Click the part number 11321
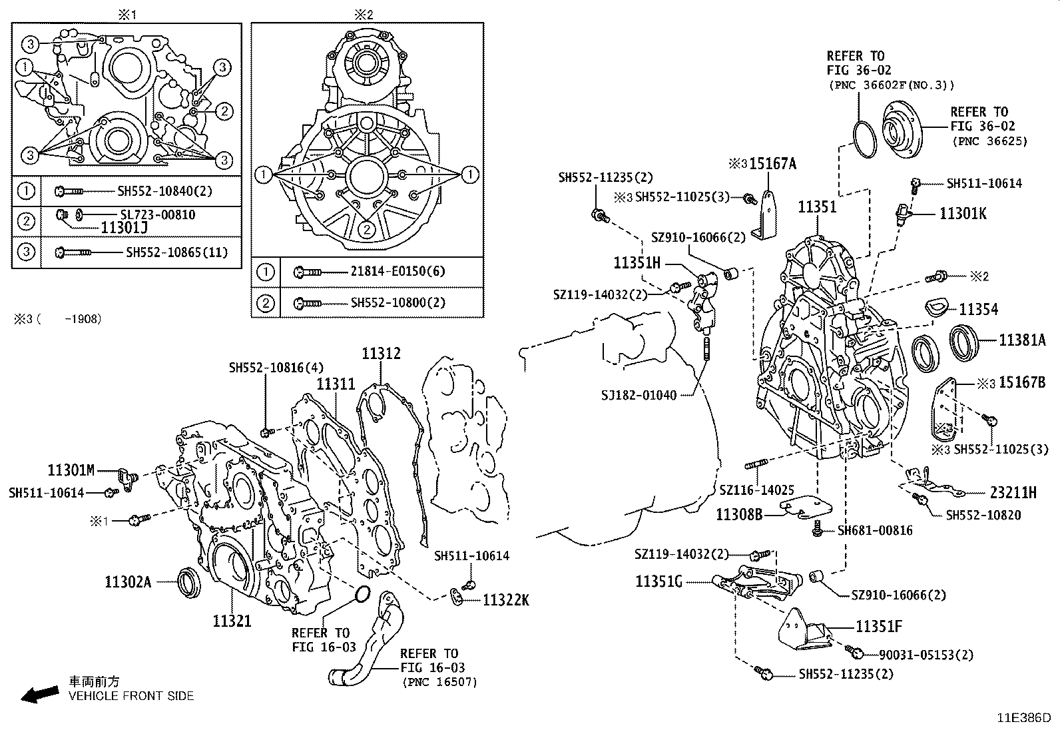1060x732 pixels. (x=232, y=621)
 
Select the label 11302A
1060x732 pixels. (x=128, y=582)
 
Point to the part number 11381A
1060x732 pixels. (x=1022, y=340)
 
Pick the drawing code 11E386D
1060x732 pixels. (x=1023, y=718)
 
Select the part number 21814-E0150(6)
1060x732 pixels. (x=398, y=271)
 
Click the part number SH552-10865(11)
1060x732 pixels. (x=176, y=252)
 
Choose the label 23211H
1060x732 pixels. (x=1013, y=493)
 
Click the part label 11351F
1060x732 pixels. (x=879, y=627)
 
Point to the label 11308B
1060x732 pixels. (x=739, y=514)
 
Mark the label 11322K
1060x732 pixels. (x=505, y=600)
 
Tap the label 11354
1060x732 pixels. (x=978, y=309)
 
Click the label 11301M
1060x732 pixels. (x=71, y=470)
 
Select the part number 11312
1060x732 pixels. (x=382, y=353)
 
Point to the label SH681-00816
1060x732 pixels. (x=875, y=530)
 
